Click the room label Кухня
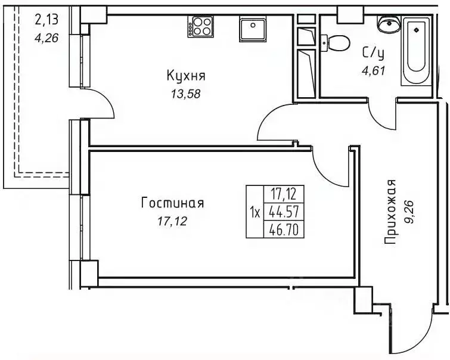click(x=186, y=76)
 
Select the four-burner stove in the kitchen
click(x=201, y=27)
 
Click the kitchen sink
click(x=253, y=27)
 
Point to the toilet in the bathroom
click(x=337, y=44)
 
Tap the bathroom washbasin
click(x=389, y=25)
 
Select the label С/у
click(x=372, y=52)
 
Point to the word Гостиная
click(x=172, y=203)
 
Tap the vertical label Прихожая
click(x=390, y=212)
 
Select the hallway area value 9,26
click(x=409, y=212)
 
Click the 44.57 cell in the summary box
click(x=284, y=211)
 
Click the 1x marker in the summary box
click(x=255, y=212)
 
